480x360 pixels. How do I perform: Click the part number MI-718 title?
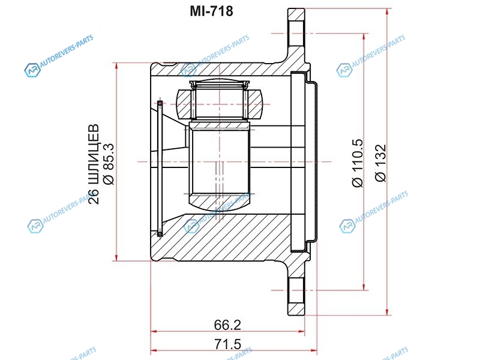click(211, 11)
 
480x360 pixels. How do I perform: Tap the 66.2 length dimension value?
click(227, 325)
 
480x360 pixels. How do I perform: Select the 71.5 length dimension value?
click(227, 344)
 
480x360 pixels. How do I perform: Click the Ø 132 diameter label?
click(381, 163)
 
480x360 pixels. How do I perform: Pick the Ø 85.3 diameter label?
click(109, 164)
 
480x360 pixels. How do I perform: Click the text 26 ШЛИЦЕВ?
click(94, 164)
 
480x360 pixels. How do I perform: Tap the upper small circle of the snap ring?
click(160, 103)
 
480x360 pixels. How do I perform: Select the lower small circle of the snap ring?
click(160, 234)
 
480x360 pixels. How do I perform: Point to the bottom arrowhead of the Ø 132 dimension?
click(387, 311)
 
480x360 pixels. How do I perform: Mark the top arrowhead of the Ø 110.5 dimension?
click(364, 37)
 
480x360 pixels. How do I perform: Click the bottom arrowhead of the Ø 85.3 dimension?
click(116, 257)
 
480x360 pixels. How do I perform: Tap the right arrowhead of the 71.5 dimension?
click(313, 350)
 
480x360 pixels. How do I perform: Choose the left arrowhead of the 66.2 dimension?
click(155, 331)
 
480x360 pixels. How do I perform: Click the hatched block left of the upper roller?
click(184, 104)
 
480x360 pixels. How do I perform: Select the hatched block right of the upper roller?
click(254, 104)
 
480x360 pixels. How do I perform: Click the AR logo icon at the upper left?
click(32, 70)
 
